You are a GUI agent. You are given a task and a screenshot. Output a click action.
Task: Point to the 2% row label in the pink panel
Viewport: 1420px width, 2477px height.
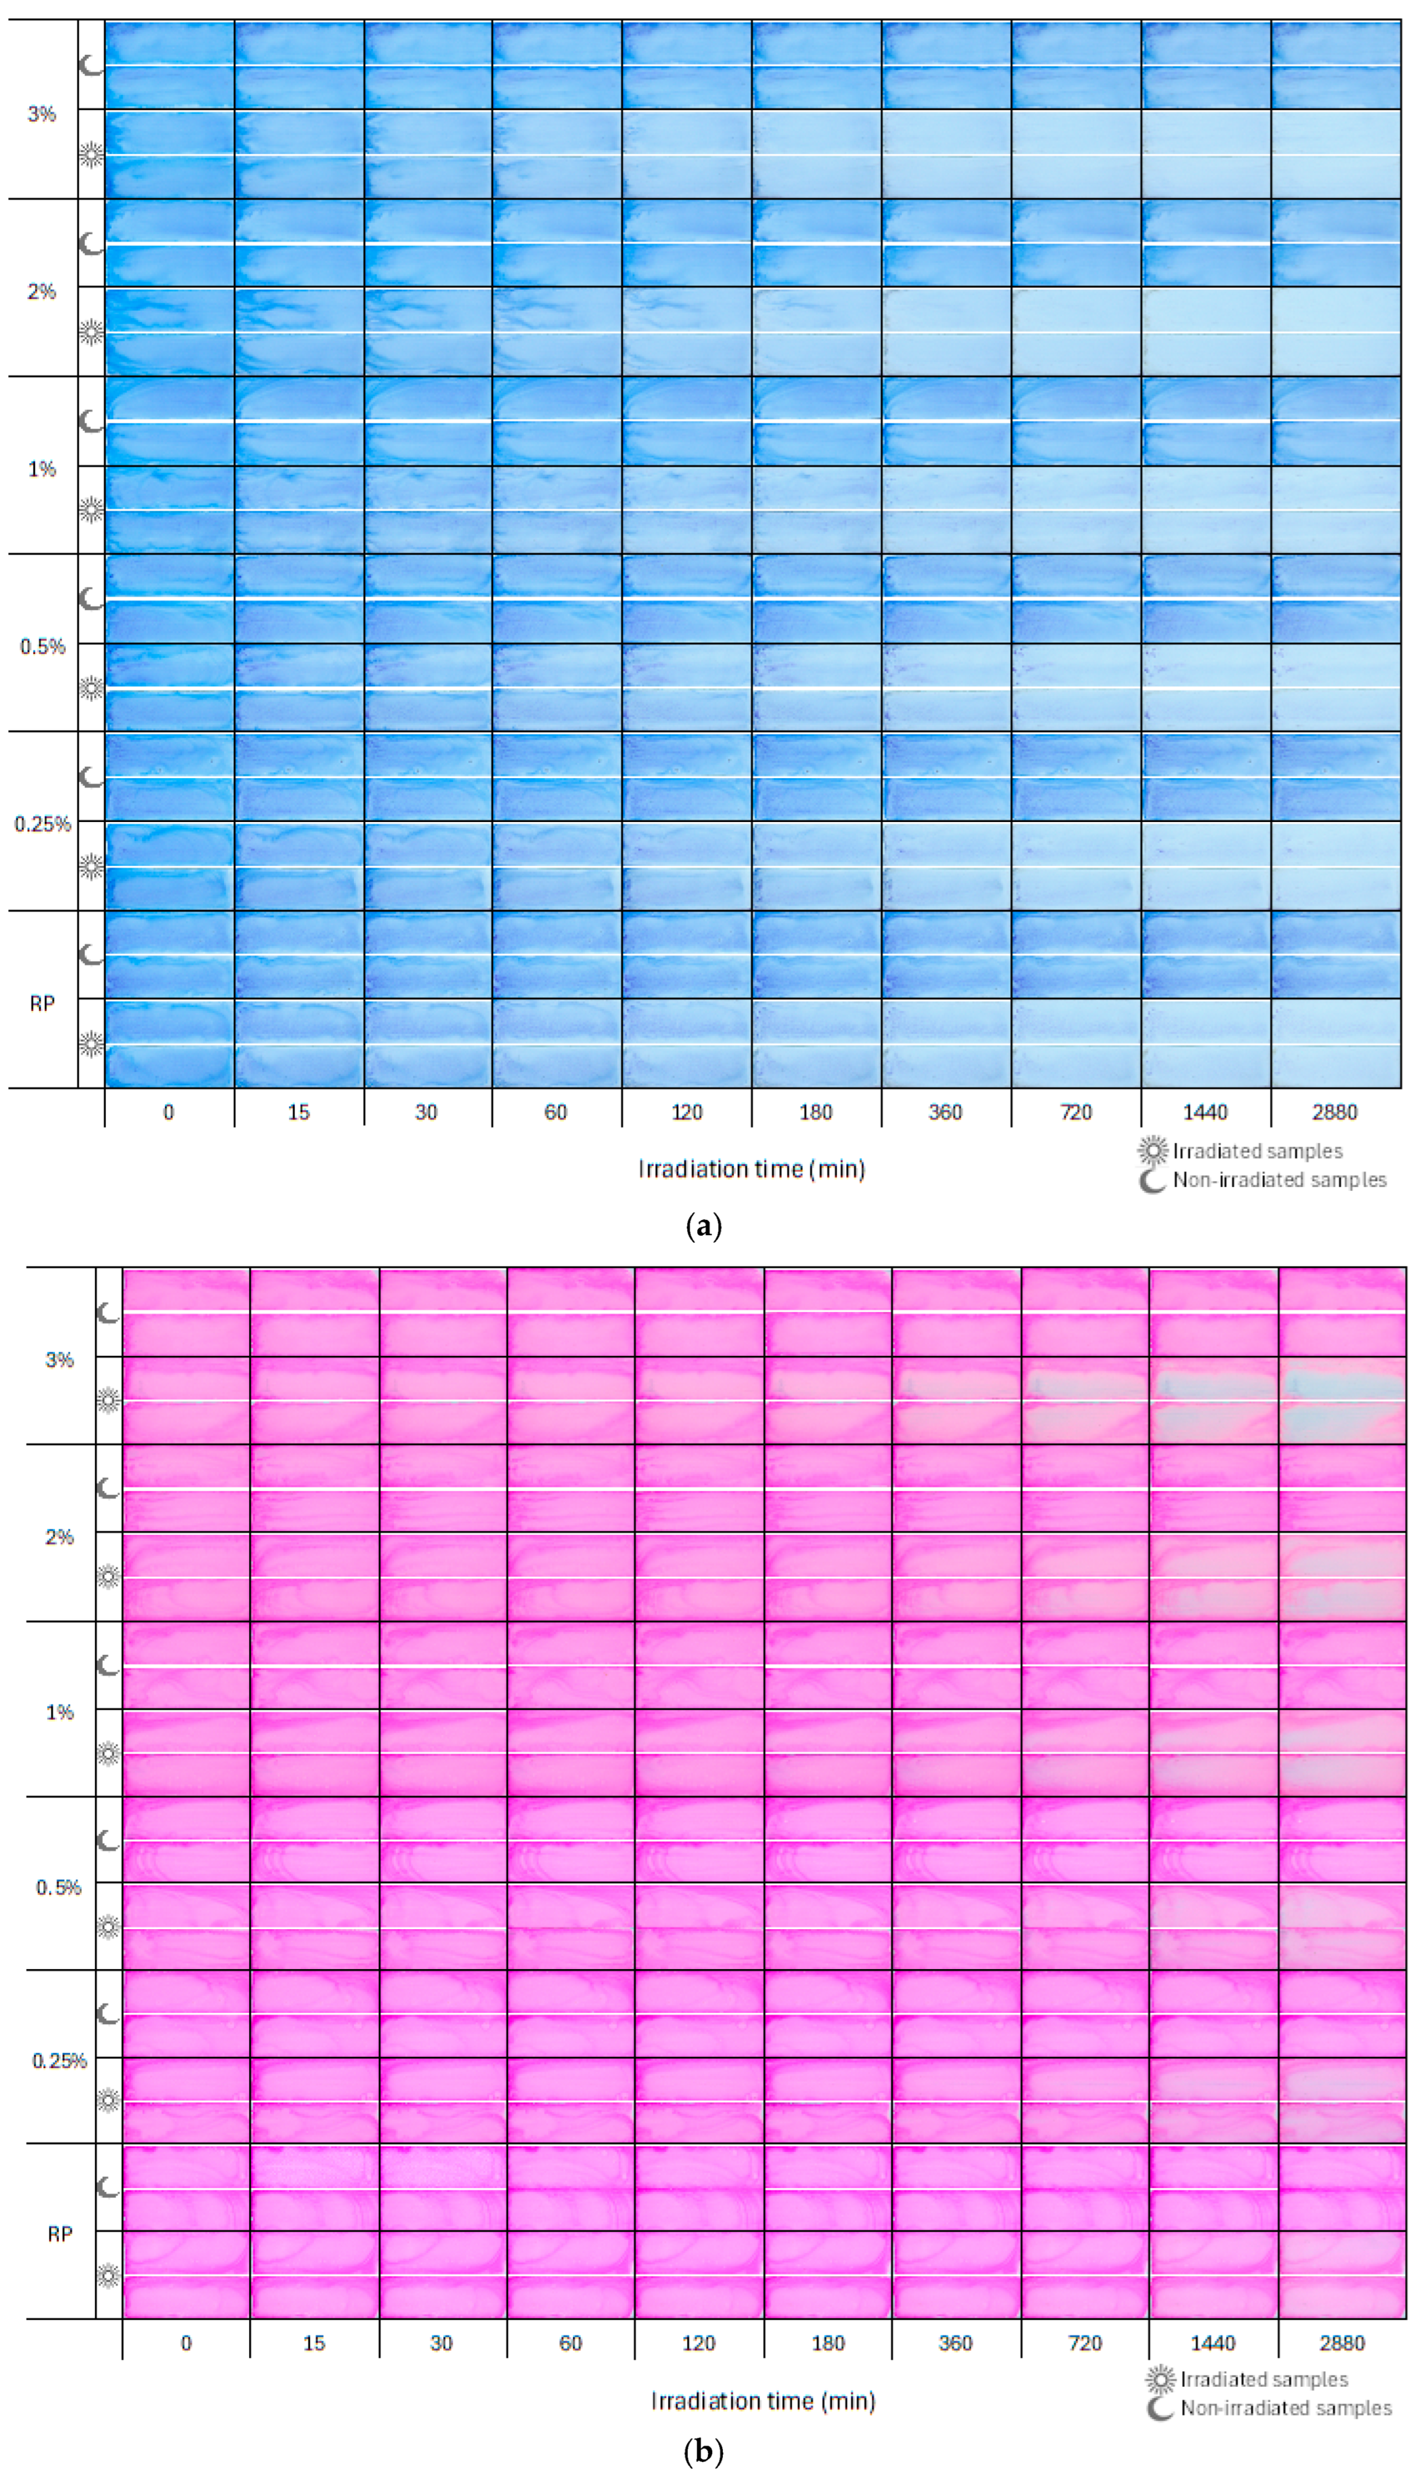[x=59, y=1537]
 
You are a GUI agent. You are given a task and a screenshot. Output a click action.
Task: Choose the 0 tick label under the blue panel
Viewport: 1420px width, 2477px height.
[x=169, y=1113]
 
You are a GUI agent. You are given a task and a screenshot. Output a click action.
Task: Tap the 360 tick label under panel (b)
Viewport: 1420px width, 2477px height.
[x=956, y=2344]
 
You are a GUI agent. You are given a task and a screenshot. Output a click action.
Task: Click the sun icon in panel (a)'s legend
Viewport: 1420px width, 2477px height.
[x=1153, y=1152]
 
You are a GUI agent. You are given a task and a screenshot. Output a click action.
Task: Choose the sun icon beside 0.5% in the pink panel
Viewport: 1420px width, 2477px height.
[x=108, y=1927]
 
